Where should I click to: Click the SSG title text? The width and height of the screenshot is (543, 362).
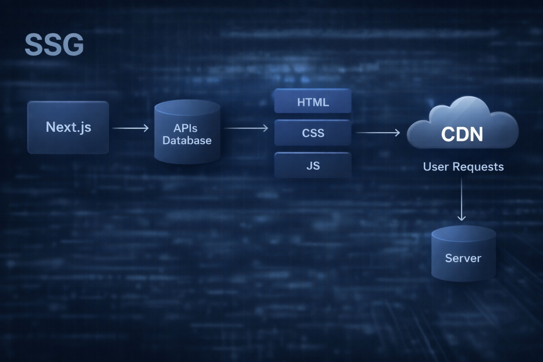[x=54, y=45]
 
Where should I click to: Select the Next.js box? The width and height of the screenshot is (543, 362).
[x=68, y=127]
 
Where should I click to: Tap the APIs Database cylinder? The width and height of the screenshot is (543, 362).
[x=187, y=132]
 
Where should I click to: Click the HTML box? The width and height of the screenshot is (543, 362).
[x=313, y=102]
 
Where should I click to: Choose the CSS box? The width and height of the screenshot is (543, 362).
[x=313, y=133]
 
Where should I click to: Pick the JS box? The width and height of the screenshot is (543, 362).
[x=313, y=165]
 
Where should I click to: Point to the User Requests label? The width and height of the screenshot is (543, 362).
[x=463, y=167]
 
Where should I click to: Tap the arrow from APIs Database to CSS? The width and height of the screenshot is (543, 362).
[x=246, y=128]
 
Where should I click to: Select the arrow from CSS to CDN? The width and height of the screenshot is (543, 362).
[x=377, y=133]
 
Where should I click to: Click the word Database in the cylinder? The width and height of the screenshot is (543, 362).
[x=187, y=140]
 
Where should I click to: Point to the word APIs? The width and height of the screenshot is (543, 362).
[x=185, y=128]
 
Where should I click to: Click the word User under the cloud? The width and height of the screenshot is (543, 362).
[x=436, y=167]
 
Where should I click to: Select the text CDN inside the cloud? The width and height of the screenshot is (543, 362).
[x=462, y=134]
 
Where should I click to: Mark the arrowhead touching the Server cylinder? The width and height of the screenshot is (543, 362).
[x=461, y=218]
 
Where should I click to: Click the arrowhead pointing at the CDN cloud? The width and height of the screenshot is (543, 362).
[x=397, y=133]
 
